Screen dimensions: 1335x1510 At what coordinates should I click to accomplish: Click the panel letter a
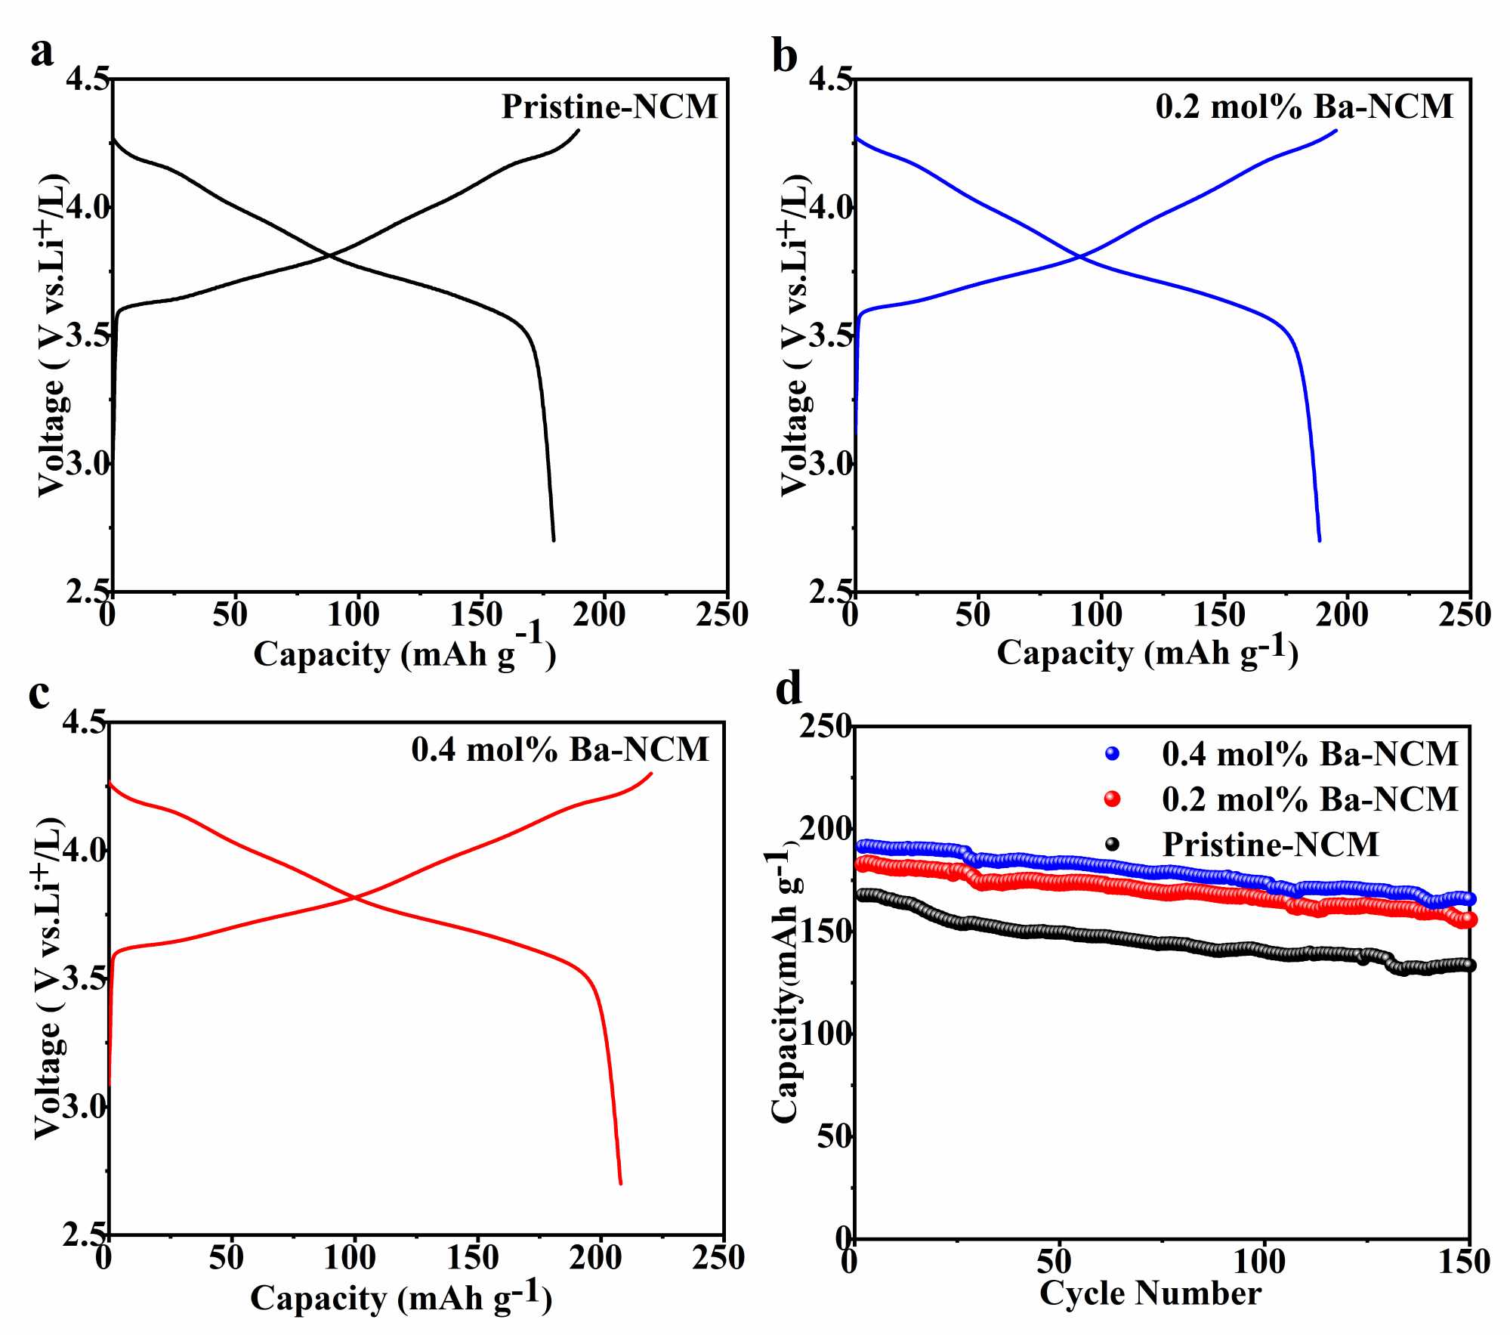click(42, 53)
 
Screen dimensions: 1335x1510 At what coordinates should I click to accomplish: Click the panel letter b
click(785, 57)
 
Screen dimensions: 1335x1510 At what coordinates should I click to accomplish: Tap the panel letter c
click(39, 694)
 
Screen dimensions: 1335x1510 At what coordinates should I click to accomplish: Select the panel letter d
click(789, 689)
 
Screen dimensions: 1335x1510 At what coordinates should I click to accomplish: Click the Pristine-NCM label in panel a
click(610, 107)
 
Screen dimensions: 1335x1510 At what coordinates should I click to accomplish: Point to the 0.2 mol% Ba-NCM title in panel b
click(1304, 107)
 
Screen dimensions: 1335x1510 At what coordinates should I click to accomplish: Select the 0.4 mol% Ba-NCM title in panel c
click(560, 749)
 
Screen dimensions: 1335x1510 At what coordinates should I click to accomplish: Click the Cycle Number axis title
click(1150, 1293)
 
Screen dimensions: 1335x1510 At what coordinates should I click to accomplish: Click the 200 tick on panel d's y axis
click(826, 830)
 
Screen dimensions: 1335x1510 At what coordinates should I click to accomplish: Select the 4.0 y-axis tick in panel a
click(88, 208)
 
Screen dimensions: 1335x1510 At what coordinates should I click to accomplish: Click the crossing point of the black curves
click(330, 256)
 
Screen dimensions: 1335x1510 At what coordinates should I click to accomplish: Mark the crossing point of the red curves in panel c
click(354, 897)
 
